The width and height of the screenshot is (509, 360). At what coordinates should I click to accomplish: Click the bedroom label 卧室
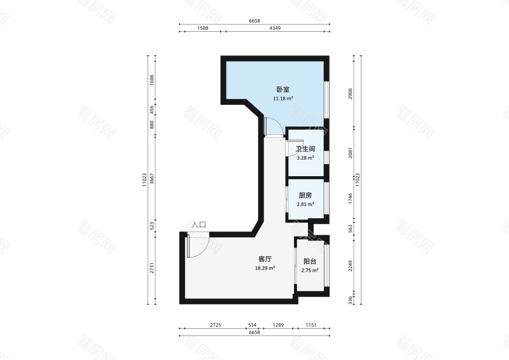282,90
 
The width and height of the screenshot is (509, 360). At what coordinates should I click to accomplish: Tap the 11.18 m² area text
282,99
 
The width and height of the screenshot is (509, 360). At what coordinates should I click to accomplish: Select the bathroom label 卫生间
305,149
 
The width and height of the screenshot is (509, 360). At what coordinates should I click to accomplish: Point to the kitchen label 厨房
305,195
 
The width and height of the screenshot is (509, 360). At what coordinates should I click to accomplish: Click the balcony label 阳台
310,261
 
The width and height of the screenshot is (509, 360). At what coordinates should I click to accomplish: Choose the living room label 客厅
265,260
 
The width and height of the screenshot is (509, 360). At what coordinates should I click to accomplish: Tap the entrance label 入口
199,225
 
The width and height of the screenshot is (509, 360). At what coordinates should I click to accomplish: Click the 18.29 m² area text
265,268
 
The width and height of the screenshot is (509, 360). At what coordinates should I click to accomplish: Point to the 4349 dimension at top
275,28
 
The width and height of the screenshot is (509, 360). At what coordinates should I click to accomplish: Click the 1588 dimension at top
202,28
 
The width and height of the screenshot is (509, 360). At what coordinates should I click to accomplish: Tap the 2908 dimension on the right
351,93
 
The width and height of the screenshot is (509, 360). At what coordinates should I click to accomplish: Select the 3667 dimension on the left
152,179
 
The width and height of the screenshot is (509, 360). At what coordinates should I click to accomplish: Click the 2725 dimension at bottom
216,325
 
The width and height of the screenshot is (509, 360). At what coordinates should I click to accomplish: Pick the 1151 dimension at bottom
310,325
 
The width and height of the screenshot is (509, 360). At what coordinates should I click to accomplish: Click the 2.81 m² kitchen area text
305,205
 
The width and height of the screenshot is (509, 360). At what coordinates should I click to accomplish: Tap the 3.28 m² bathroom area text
305,158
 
